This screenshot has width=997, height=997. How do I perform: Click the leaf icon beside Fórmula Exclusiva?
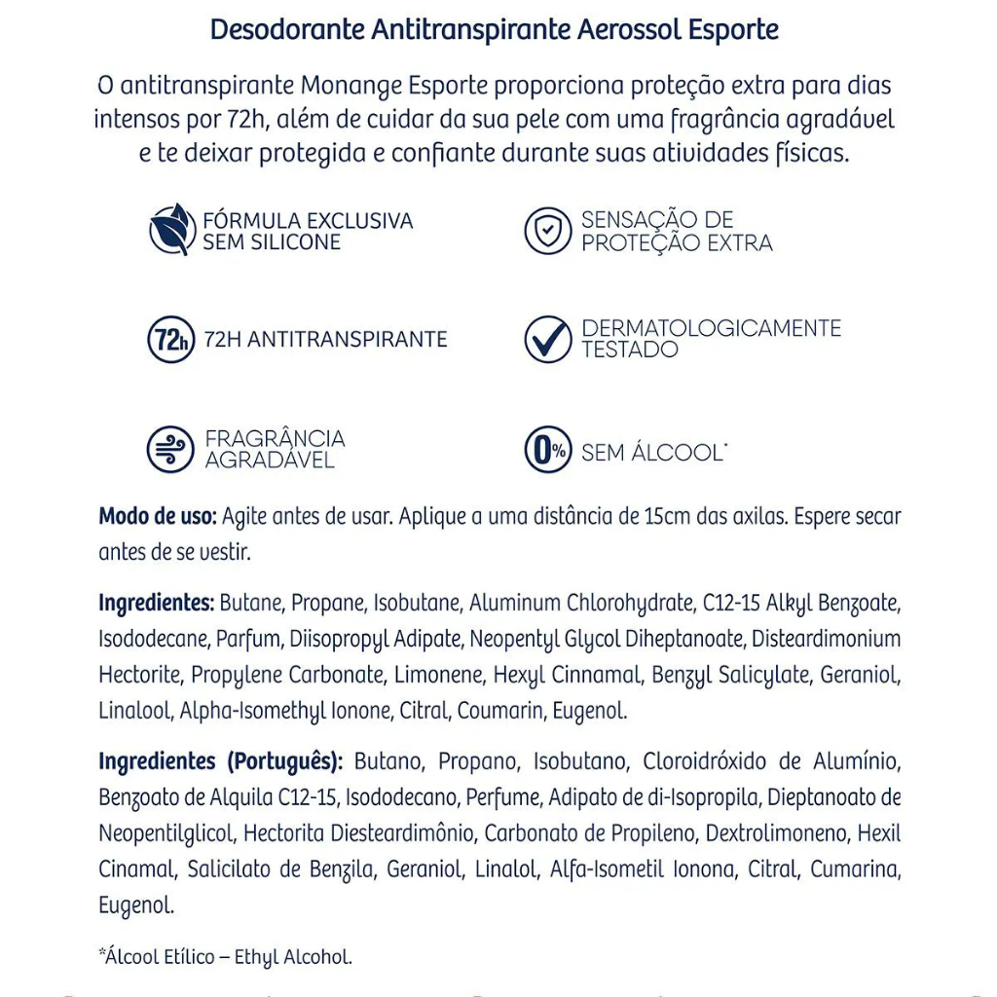coord(171,230)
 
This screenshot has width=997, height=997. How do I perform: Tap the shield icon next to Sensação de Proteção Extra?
coord(548,231)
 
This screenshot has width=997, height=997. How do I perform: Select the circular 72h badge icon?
coord(171,340)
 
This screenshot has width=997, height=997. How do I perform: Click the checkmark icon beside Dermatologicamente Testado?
coord(548,340)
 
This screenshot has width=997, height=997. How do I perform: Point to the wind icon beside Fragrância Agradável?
coord(171,450)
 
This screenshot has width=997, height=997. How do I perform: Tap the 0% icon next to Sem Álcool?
coord(548,451)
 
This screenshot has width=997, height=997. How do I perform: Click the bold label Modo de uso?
coord(158,516)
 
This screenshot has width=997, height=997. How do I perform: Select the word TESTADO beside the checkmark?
coord(630,349)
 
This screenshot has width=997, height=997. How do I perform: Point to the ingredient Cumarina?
coord(854,869)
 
